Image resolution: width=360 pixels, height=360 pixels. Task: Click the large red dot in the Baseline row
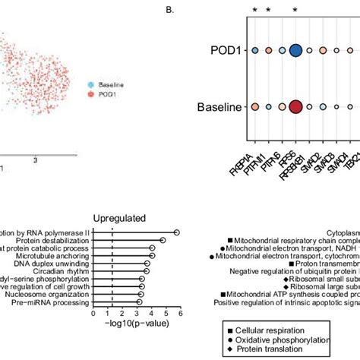[x=295, y=107]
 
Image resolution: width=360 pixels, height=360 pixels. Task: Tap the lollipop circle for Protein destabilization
[x=163, y=240]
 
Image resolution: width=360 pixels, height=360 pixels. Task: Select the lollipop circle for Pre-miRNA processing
[x=138, y=302]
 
